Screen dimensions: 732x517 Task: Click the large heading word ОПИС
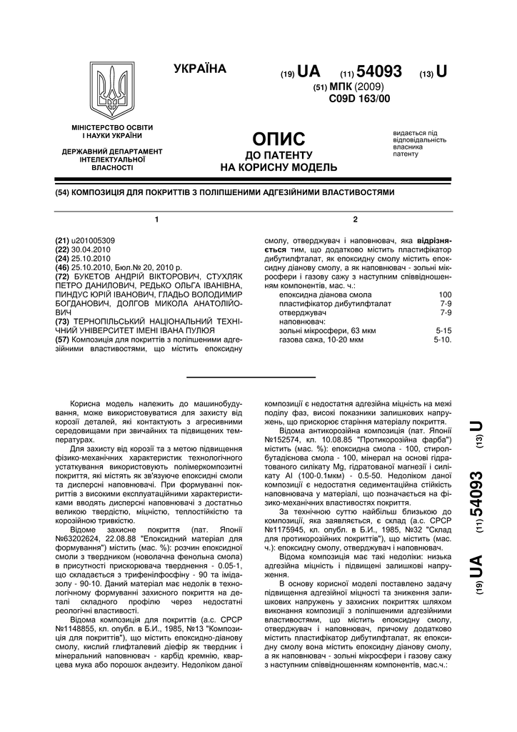(x=279, y=139)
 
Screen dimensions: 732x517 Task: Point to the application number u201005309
(x=95, y=240)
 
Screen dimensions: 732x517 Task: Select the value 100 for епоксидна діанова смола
(x=445, y=295)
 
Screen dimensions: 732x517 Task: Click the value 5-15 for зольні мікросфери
(x=443, y=332)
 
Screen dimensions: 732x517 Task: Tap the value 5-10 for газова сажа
(x=443, y=340)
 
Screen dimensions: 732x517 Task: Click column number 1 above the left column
(x=156, y=218)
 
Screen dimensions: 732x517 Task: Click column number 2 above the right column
(x=355, y=218)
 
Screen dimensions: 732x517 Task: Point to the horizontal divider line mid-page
(x=251, y=377)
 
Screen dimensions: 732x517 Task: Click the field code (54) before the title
(x=61, y=192)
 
